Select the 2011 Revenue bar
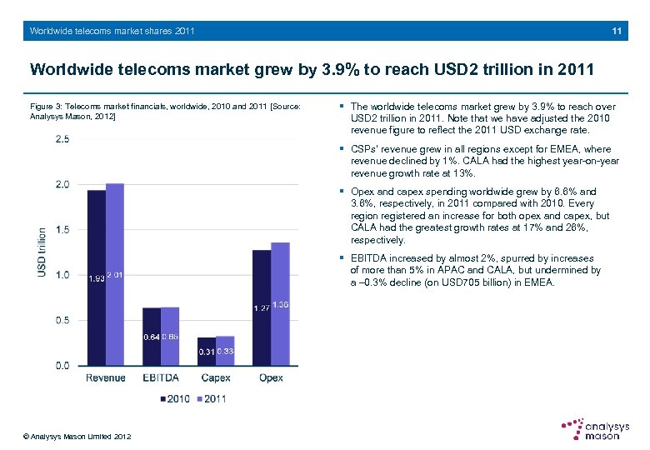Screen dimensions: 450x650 coord(115,274)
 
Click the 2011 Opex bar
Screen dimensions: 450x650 coord(280,304)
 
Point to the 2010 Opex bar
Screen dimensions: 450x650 coord(262,307)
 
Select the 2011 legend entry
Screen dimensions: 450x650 coord(211,398)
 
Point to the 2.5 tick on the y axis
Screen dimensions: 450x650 coord(62,139)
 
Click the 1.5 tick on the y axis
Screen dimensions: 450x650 coord(62,230)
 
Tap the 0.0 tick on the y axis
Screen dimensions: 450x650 coord(62,366)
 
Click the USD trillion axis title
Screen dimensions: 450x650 coord(42,254)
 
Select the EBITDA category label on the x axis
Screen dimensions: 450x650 coord(161,378)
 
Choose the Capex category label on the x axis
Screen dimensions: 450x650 coord(216,378)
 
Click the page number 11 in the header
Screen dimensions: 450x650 coord(616,31)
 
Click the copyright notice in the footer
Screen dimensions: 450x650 coord(77,437)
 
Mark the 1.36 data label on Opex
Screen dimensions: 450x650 coord(281,306)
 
